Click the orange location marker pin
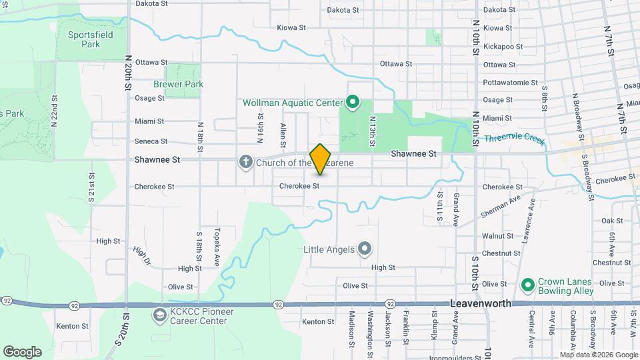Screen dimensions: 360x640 coord(320,159)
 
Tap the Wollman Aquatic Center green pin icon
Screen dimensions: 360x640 coord(353,103)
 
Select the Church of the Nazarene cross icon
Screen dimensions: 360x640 coord(246,162)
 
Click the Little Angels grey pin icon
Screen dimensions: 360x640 coord(365,249)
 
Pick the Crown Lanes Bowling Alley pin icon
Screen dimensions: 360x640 coord(528,285)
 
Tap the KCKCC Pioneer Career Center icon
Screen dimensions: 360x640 coord(159,315)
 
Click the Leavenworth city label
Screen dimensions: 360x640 coord(481,303)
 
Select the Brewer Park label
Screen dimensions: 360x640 coord(178,85)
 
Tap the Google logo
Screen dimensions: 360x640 coord(22,352)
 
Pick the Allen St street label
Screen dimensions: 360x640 coord(283,135)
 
